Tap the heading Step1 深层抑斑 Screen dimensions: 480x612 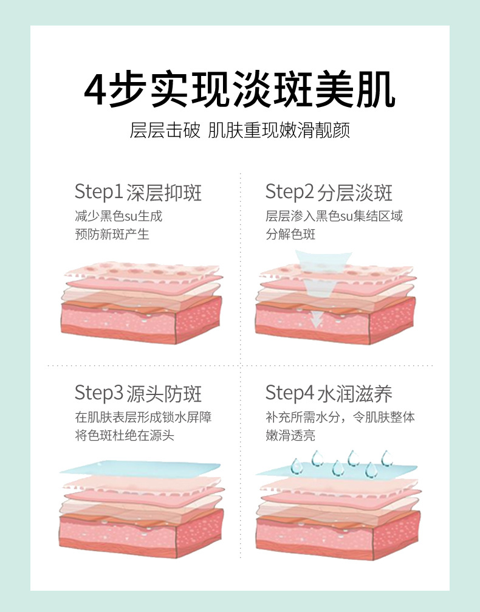(x=138, y=192)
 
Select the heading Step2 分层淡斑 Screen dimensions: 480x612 (x=329, y=192)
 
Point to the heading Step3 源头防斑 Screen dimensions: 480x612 (x=138, y=393)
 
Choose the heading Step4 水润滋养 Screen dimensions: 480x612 (x=329, y=393)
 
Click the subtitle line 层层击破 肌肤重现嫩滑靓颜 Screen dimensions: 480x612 (x=239, y=131)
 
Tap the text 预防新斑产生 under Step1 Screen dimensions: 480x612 (x=112, y=234)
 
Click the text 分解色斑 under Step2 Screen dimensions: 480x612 (x=290, y=234)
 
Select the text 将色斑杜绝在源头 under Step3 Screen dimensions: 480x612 (x=125, y=435)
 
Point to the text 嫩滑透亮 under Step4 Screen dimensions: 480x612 (x=290, y=435)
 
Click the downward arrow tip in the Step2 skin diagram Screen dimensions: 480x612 (x=317, y=326)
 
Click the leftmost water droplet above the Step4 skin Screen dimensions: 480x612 (x=297, y=466)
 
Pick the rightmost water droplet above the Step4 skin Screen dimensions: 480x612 (x=386, y=458)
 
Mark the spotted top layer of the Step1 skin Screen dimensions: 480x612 (x=142, y=270)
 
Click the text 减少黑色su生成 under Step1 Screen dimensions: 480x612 (x=118, y=216)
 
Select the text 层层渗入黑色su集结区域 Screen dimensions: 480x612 (x=334, y=216)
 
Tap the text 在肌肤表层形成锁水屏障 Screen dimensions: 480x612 (x=143, y=417)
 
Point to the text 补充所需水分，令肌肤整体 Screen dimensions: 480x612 (x=340, y=417)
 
